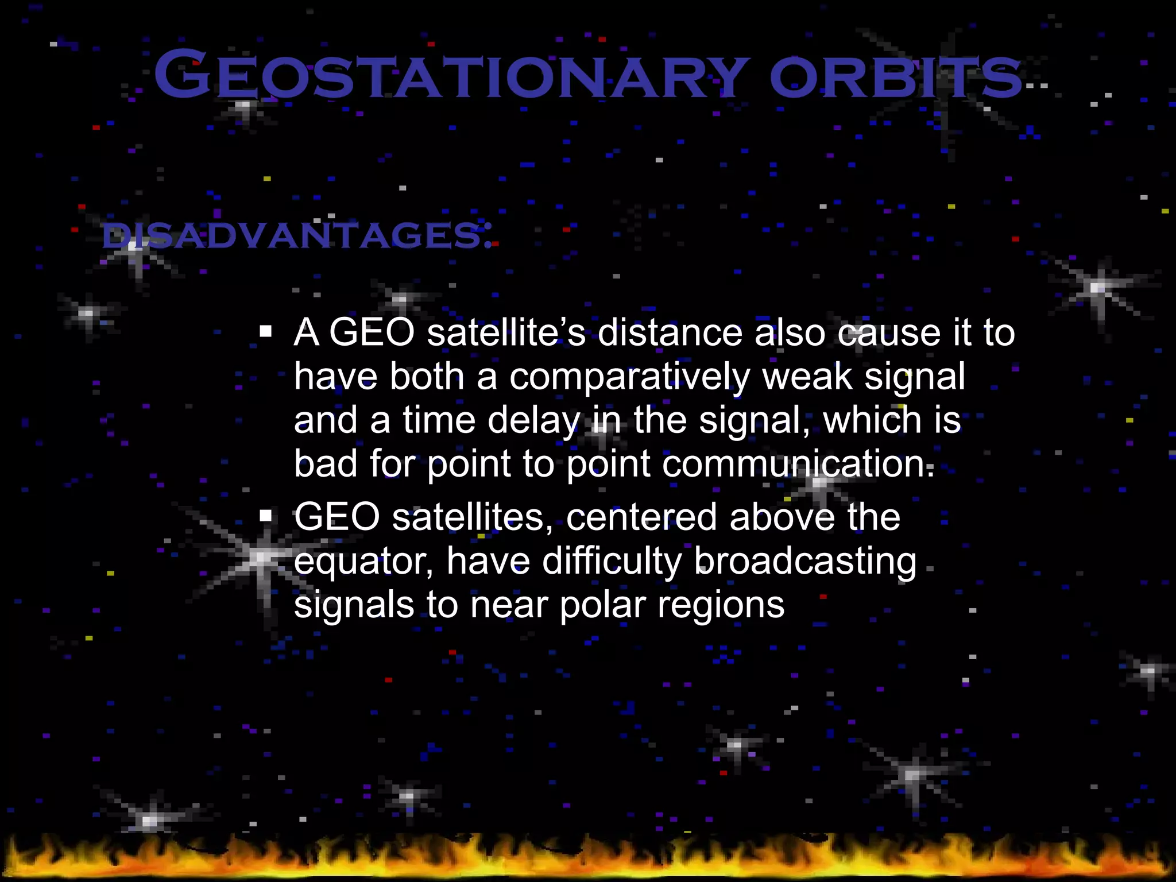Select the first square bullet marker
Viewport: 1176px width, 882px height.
[x=265, y=331]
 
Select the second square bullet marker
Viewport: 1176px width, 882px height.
[x=265, y=516]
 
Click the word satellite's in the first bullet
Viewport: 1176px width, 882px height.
[x=506, y=333]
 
